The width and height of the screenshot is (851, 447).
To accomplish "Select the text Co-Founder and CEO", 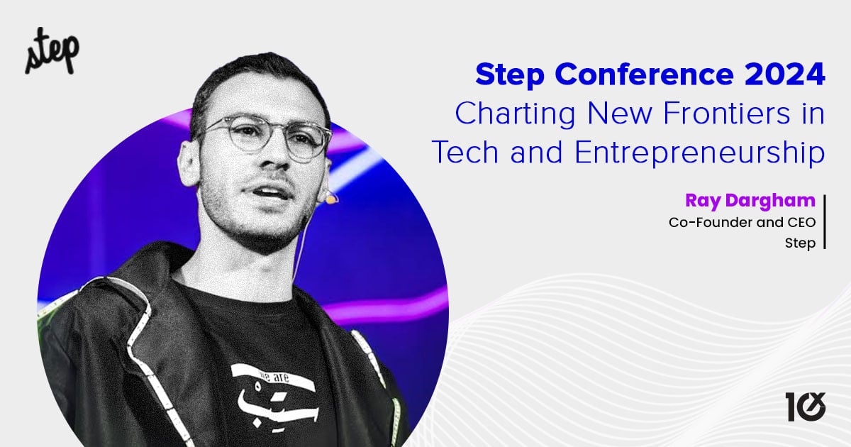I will [x=742, y=222].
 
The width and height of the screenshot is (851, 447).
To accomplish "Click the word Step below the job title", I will [x=800, y=243].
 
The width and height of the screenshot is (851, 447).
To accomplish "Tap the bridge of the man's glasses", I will [x=272, y=133].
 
